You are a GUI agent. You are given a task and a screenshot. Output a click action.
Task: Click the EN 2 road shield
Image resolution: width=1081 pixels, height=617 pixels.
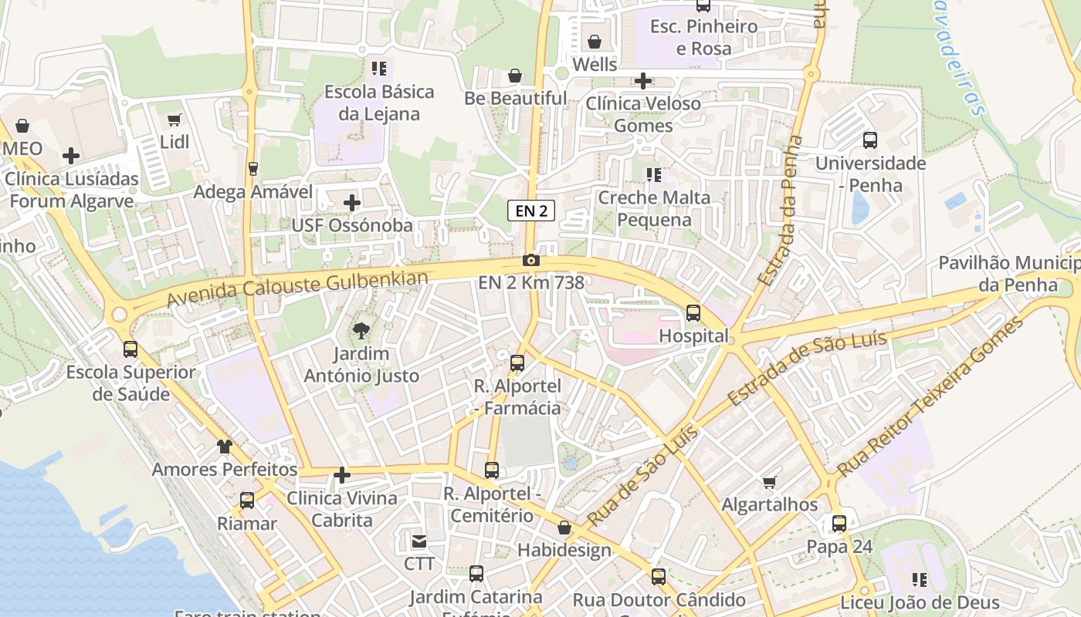[x=531, y=211]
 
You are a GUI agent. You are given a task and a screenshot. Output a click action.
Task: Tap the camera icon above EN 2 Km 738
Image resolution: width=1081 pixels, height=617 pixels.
[x=531, y=261]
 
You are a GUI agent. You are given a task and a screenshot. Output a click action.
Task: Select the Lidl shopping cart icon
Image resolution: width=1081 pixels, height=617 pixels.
[x=175, y=120]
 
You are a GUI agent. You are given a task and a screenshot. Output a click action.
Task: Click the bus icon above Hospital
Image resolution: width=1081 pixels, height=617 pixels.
[x=693, y=313]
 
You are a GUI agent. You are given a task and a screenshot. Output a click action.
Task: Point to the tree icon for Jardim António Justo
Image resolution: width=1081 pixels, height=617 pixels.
[x=361, y=332]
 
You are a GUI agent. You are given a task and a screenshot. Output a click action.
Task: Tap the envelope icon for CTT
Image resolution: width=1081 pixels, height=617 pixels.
[x=419, y=541]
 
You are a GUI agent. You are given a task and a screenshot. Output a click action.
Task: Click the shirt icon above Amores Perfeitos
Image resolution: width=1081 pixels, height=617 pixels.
[x=224, y=447]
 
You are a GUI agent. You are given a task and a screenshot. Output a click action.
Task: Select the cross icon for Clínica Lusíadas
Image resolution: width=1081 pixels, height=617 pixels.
[x=71, y=156]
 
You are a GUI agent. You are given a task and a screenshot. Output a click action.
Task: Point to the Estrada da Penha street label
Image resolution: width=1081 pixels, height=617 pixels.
[x=781, y=211]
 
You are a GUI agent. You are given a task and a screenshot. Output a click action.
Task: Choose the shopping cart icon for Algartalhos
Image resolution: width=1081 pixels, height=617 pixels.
[x=769, y=482]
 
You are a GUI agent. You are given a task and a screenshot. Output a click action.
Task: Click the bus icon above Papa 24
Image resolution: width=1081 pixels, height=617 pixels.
[x=839, y=524]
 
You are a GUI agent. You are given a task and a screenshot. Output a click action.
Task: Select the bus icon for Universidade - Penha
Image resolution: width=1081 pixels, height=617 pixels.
[x=870, y=140]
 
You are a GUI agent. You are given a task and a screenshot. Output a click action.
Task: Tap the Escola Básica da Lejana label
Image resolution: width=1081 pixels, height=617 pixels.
[x=379, y=103]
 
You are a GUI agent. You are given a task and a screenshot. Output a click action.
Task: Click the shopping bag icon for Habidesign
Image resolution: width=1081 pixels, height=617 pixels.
[x=564, y=528]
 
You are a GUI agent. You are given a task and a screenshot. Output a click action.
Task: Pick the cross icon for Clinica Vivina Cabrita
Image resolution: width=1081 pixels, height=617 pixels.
[x=342, y=475]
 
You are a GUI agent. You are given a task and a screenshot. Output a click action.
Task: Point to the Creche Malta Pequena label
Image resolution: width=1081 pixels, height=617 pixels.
[x=654, y=208]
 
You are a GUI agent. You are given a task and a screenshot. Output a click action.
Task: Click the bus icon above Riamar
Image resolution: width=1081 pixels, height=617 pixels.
[x=247, y=501]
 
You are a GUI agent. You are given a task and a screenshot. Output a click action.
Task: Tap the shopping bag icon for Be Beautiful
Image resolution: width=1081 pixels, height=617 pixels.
[x=515, y=76]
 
